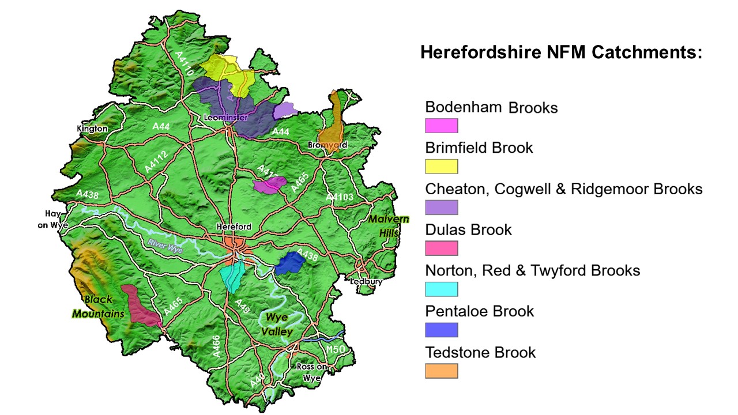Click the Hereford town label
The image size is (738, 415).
point(234,227)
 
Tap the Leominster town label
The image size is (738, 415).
point(226,118)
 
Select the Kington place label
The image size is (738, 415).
point(92,129)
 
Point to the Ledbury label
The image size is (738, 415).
point(367,282)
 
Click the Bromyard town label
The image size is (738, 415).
point(327,145)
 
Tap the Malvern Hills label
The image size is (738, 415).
point(389,227)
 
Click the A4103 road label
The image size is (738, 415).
point(339,197)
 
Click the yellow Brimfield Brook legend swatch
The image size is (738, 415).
point(442,167)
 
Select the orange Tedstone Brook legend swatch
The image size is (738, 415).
point(442,371)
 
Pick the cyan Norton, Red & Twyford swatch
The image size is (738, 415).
point(442,289)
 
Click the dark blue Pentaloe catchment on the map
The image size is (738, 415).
point(290,263)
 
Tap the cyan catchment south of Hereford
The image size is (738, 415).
point(233,276)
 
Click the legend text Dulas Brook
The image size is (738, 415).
point(468,229)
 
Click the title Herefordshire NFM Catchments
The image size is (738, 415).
point(561,53)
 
